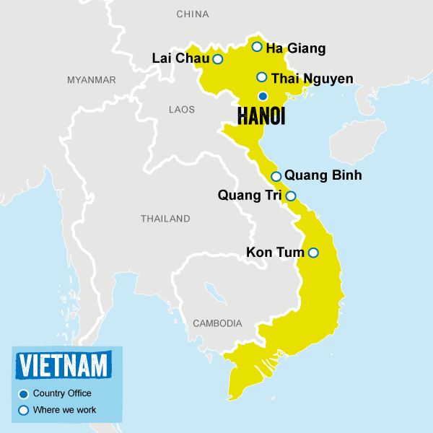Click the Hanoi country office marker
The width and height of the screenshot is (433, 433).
(x=263, y=96)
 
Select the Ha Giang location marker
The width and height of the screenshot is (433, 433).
(x=257, y=47)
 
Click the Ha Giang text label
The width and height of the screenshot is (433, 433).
(x=296, y=49)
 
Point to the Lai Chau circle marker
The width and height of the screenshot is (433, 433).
(x=217, y=59)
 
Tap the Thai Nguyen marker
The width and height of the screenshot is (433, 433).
(x=262, y=77)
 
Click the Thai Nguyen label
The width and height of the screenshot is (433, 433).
(x=312, y=78)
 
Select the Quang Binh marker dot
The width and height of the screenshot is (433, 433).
(x=276, y=177)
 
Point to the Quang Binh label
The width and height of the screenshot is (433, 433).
(x=323, y=175)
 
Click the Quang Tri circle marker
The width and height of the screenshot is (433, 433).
(x=291, y=196)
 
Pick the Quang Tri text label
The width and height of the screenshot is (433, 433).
(x=250, y=194)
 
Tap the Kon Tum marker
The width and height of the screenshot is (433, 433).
(x=313, y=253)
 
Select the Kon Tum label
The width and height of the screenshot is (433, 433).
(x=276, y=252)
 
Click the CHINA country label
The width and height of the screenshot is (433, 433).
(x=193, y=14)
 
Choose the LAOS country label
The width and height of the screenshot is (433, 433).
(x=181, y=110)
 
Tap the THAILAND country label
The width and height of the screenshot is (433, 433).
(x=165, y=218)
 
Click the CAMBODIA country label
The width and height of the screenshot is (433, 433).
(x=217, y=323)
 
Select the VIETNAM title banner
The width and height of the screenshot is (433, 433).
(x=65, y=364)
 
